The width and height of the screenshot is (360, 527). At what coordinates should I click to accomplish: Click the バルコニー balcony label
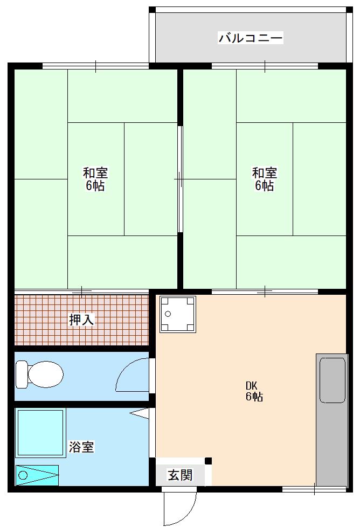(251, 37)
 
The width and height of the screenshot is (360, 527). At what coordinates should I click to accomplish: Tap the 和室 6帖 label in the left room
(95, 179)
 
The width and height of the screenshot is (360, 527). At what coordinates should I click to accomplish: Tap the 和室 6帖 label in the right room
(265, 179)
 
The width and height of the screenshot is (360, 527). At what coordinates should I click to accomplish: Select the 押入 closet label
(81, 320)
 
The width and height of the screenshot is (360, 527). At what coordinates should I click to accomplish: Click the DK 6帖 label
(254, 391)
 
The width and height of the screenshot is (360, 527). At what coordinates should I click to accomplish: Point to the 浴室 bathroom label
(81, 447)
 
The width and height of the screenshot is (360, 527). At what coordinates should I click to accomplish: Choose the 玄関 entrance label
(180, 475)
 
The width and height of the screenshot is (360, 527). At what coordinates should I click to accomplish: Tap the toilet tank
(22, 375)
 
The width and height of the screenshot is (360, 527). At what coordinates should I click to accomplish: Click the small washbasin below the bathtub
(37, 475)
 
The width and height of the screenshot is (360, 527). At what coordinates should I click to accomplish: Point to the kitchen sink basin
(333, 380)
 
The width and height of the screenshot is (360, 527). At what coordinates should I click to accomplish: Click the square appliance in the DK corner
(178, 314)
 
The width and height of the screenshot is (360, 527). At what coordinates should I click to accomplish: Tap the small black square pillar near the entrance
(209, 461)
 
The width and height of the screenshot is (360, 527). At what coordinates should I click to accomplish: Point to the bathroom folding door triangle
(140, 413)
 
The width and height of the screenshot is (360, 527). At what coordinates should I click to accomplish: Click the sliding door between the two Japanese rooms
(180, 179)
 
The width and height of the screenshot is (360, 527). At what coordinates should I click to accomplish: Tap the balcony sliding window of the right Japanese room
(265, 66)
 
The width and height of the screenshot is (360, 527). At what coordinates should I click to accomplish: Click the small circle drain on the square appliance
(168, 314)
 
